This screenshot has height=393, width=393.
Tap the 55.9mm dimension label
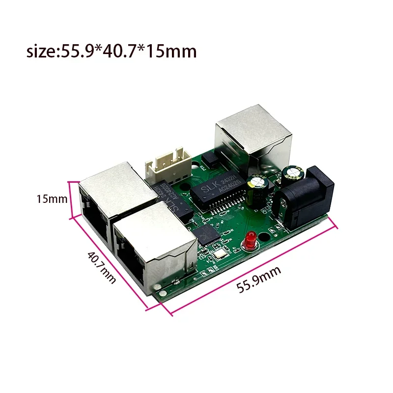click(x=259, y=280)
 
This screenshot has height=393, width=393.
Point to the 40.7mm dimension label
click(x=102, y=266)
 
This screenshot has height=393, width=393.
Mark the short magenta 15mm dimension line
click(x=73, y=199)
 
